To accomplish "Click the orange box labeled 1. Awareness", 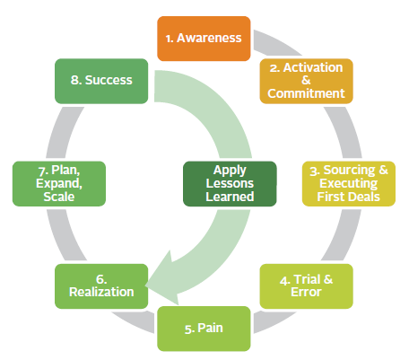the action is point(204,39).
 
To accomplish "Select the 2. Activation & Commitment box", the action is point(306,81).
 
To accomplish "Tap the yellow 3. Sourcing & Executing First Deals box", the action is point(349,184).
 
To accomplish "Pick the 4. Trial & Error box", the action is point(306,286).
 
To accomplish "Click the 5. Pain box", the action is point(204,329).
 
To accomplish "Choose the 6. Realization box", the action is point(101,286).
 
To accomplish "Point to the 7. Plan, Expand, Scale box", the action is point(59,184).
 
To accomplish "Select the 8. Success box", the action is point(101,81).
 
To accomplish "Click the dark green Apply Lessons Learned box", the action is point(230,184).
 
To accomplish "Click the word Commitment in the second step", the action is point(306,93).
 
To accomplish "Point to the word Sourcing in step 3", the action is point(349,170).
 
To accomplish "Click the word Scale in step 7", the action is point(59,197).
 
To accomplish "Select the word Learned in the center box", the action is point(230,197).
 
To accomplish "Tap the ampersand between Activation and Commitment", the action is point(306,80).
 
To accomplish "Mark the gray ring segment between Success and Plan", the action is point(62,132).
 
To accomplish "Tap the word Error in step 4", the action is point(306,292).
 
